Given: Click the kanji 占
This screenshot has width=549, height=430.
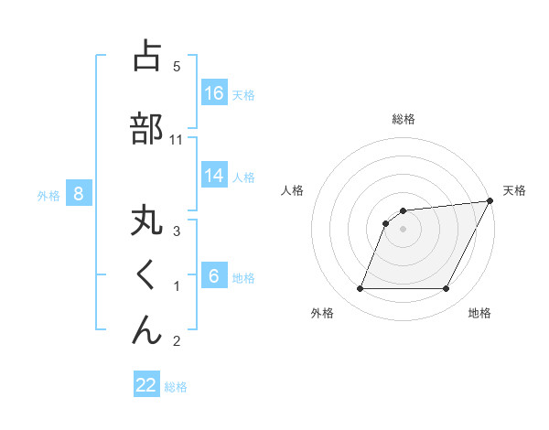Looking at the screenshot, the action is (146, 56).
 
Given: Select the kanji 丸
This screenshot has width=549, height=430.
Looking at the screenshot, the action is (146, 223).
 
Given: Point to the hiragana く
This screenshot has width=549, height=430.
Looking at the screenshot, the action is (146, 275).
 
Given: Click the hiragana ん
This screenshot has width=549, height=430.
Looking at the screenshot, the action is (146, 329).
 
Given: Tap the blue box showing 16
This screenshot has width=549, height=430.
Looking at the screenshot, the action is (214, 92).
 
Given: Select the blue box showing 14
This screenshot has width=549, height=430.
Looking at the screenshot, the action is (214, 177).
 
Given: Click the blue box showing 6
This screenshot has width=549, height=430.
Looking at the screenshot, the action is (214, 275).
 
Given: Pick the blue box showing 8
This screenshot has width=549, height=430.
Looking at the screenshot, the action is (79, 193).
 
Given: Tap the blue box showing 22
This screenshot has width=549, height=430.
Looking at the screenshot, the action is (146, 385).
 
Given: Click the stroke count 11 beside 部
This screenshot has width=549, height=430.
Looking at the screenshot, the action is (178, 140).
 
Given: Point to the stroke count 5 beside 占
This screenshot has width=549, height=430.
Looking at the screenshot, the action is (177, 66).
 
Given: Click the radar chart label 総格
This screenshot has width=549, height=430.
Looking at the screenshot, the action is (403, 119).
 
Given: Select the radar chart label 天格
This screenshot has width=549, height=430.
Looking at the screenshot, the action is (514, 190).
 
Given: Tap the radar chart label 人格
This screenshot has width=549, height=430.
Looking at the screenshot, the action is (292, 190).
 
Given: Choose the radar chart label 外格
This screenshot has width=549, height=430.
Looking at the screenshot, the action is (321, 313).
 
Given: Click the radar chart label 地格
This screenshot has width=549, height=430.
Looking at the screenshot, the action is (479, 313).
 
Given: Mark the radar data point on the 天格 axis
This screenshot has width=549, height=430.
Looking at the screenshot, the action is (490, 201).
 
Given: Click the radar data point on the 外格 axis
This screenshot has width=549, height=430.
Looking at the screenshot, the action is (360, 289).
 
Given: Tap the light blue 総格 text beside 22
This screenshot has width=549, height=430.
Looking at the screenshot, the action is (176, 387).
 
